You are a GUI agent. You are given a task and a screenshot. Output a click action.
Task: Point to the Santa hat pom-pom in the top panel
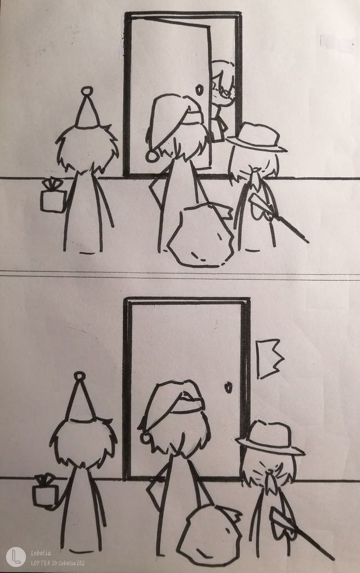click(x=152, y=155)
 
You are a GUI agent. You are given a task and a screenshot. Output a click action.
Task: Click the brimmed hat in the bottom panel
click(x=271, y=439)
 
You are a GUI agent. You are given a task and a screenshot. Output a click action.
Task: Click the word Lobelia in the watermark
click(x=41, y=553)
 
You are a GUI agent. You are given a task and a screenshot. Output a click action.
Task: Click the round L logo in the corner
click(x=16, y=557)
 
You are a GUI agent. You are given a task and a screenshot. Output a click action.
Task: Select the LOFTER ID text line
click(x=58, y=563)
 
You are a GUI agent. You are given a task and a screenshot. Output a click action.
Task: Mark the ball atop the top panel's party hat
click(x=87, y=91)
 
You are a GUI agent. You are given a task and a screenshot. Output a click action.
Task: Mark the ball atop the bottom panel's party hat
click(x=80, y=376)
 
